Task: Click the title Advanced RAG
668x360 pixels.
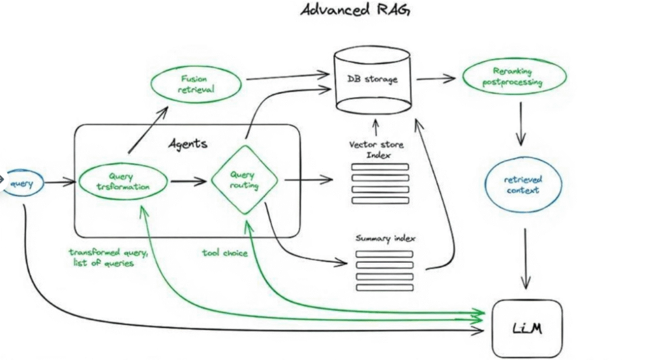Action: (355, 10)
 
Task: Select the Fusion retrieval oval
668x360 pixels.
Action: (193, 83)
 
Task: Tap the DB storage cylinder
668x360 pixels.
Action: (372, 81)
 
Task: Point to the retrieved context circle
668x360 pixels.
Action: (523, 185)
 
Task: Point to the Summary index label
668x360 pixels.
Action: (386, 239)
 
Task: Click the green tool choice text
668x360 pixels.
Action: (224, 252)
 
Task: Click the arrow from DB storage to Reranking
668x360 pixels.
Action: (436, 79)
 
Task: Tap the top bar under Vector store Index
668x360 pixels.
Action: (380, 167)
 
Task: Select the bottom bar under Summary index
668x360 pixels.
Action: (384, 287)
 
